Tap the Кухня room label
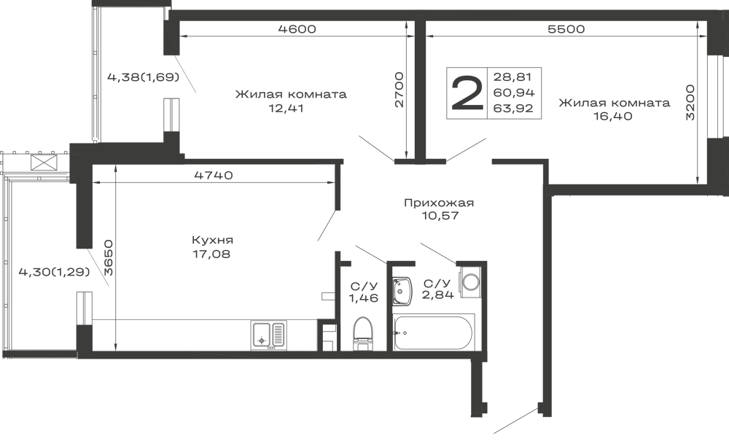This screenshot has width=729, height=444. [x=212, y=240]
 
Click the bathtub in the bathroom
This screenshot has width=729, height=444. [x=435, y=334]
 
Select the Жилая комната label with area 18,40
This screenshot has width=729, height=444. [x=614, y=104]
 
